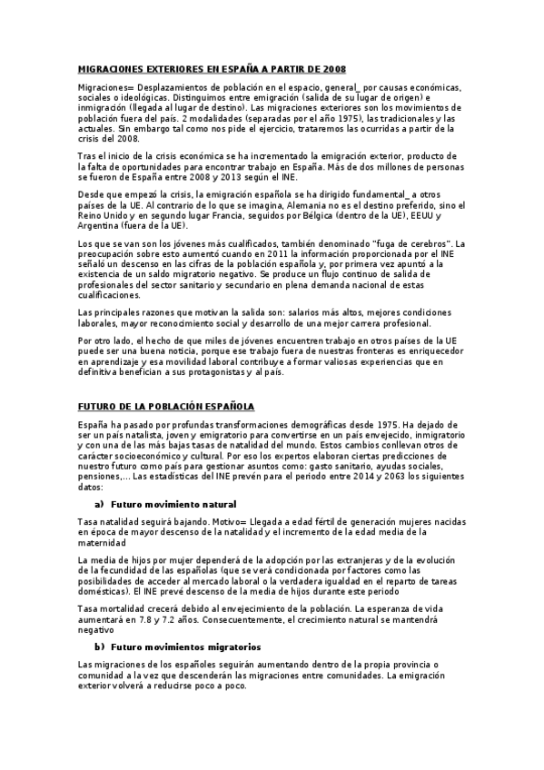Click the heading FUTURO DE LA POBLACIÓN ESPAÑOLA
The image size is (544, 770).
[166, 406]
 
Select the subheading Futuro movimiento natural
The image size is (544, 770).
[173, 504]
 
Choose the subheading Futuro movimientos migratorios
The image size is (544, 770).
[186, 647]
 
